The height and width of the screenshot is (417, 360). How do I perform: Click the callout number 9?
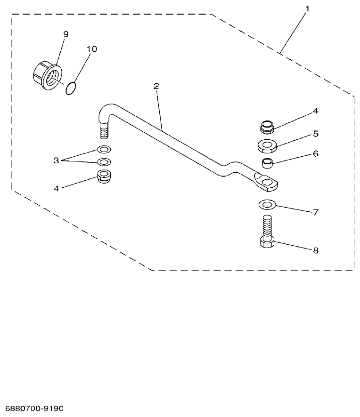click(65, 34)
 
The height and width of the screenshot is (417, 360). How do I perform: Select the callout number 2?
click(156, 87)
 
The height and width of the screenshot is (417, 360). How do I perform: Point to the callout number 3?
click(56, 160)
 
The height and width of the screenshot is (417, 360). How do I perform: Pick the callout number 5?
click(316, 134)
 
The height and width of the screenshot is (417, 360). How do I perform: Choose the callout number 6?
click(316, 154)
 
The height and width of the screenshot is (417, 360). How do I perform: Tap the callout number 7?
click(316, 212)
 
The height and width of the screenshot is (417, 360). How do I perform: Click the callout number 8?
click(316, 250)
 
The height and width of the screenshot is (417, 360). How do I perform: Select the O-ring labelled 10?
click(70, 88)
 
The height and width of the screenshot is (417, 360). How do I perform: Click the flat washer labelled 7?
click(267, 204)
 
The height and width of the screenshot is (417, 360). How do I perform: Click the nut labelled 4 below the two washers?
click(104, 177)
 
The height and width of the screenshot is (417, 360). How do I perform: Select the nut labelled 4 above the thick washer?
click(267, 127)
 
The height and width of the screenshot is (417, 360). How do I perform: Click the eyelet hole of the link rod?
click(267, 181)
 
